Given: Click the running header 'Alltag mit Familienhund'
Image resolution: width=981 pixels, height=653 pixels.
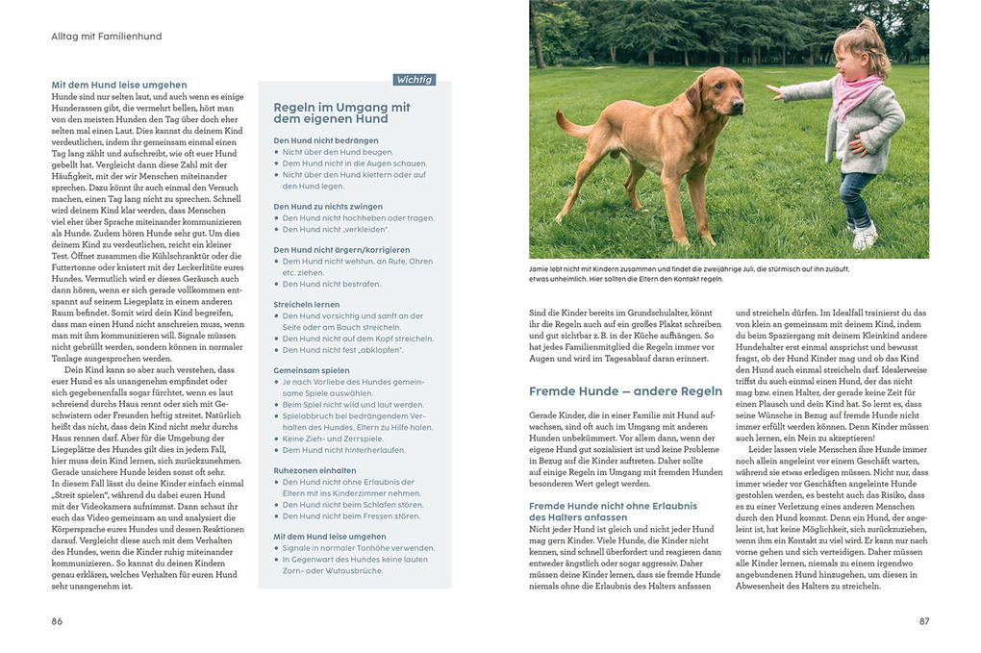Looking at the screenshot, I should coord(106,37).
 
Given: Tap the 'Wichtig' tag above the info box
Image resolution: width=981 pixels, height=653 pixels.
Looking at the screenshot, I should coord(414,80).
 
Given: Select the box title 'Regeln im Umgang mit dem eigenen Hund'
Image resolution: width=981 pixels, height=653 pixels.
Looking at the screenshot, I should coord(341,113).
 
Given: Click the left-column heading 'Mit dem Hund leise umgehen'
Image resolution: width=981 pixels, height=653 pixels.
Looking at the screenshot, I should coord(119,85).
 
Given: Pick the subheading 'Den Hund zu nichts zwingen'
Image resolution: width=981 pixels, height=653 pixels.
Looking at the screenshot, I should coord(328,207).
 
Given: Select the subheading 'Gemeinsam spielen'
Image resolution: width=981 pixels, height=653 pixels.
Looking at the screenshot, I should coord(313,369).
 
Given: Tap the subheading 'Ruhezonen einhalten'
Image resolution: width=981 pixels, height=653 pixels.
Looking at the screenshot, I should coord(314,469).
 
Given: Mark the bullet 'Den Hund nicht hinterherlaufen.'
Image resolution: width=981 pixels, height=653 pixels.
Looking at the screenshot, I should coord(343,449).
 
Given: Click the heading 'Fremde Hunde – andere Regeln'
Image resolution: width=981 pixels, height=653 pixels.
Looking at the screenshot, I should coord(625,390).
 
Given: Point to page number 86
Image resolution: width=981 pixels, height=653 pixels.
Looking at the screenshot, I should coord(57,621).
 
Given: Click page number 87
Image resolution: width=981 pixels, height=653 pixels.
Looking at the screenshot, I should coord(924,621).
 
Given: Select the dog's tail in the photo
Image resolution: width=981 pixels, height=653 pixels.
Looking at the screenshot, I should coord(574,124).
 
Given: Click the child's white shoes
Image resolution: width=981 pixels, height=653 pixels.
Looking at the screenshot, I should coord(863,236).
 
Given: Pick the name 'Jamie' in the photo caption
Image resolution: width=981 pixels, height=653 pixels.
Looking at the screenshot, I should coord(541,269).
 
